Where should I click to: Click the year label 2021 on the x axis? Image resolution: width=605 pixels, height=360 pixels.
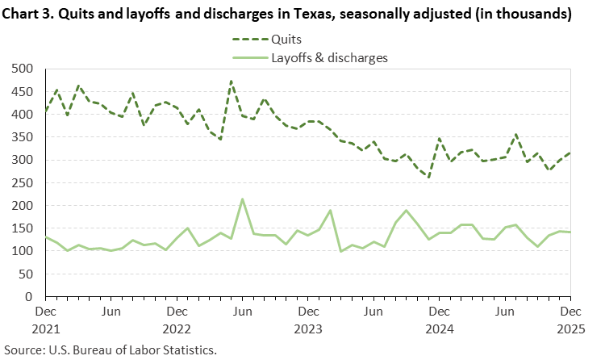[x=46, y=329]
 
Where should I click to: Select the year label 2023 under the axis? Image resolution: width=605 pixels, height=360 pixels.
[x=307, y=329]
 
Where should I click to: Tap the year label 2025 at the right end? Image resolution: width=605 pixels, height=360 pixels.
[x=570, y=329]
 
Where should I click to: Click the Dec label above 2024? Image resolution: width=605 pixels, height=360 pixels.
[x=439, y=311]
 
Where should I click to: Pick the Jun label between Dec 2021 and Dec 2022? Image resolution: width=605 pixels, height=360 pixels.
[x=111, y=311]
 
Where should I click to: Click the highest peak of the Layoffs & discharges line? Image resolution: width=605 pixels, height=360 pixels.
[x=242, y=199]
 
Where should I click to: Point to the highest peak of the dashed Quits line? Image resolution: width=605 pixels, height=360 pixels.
[x=232, y=81]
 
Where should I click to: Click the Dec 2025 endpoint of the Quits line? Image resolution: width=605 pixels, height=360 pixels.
[x=570, y=153]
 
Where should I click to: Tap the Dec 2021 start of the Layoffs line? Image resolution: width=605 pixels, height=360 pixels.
[x=46, y=237]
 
